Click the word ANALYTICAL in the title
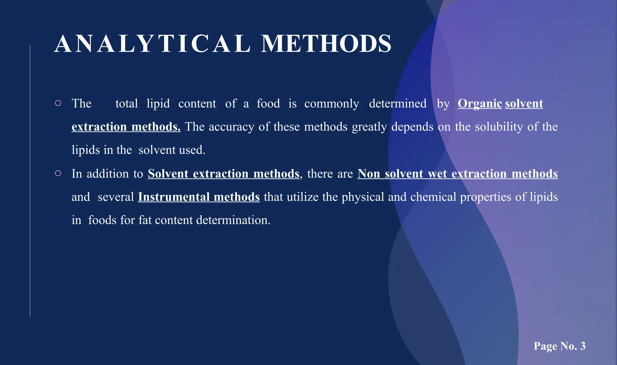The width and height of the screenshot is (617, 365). pyautogui.click(x=152, y=44)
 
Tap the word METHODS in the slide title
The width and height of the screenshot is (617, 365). pyautogui.click(x=326, y=44)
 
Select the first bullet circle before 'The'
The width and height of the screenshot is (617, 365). pyautogui.click(x=58, y=103)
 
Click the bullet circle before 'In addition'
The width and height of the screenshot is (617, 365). pyautogui.click(x=58, y=173)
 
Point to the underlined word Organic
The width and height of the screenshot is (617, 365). pyautogui.click(x=480, y=104)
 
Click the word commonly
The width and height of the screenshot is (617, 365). pyautogui.click(x=332, y=104)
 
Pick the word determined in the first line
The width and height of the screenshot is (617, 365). pyautogui.click(x=398, y=104)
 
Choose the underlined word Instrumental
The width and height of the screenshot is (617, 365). pyautogui.click(x=174, y=197)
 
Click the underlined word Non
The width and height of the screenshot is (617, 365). pyautogui.click(x=369, y=174)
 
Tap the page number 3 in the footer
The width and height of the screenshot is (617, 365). pyautogui.click(x=583, y=346)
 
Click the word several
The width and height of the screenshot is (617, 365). pyautogui.click(x=116, y=197)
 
